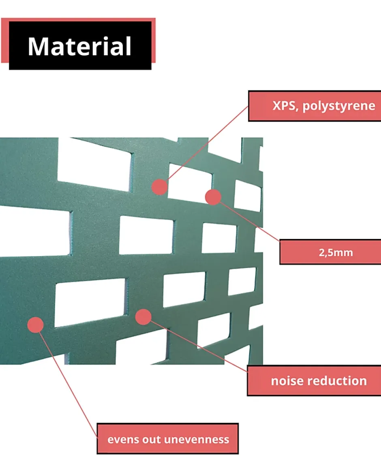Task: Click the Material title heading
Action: pyautogui.click(x=79, y=47)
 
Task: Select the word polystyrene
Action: pyautogui.click(x=339, y=106)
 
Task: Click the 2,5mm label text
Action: pyautogui.click(x=336, y=252)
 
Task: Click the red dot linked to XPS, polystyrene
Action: pyautogui.click(x=160, y=187)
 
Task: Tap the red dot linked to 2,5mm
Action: pyautogui.click(x=213, y=197)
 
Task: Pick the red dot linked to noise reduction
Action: pyautogui.click(x=143, y=317)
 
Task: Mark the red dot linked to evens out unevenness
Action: pyautogui.click(x=36, y=325)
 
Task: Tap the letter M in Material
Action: pyautogui.click(x=39, y=47)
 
